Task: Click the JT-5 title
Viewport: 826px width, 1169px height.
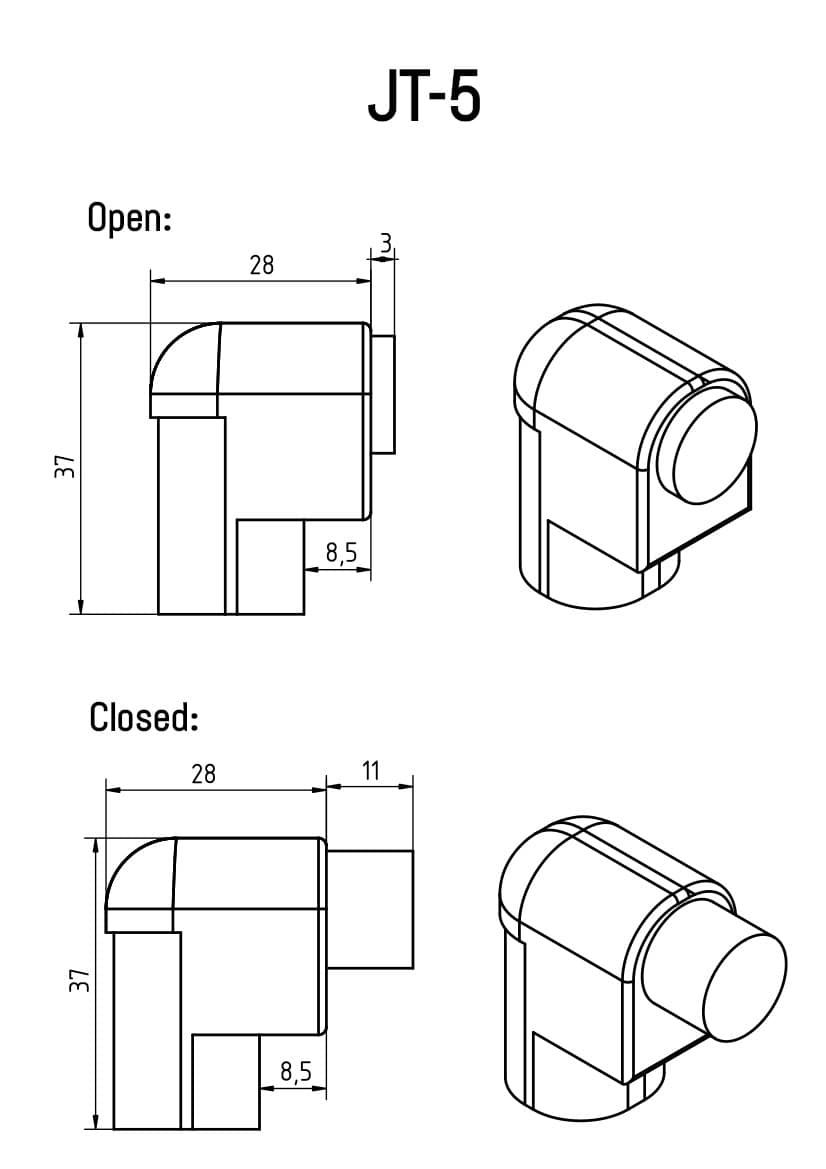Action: [425, 98]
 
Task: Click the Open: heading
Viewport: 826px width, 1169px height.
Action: [130, 217]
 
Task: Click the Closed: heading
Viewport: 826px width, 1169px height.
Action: [144, 717]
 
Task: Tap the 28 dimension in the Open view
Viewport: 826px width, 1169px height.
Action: [261, 265]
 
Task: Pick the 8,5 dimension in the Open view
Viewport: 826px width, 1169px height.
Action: [341, 554]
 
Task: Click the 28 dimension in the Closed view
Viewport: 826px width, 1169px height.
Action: [203, 773]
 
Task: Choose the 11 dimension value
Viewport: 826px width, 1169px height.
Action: [370, 771]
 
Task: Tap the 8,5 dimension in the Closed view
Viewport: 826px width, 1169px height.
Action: [296, 1073]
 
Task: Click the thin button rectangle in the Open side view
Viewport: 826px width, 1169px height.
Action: [384, 394]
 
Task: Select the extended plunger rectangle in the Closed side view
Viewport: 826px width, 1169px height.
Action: [370, 909]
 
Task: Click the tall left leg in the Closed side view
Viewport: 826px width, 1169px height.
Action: [147, 1030]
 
